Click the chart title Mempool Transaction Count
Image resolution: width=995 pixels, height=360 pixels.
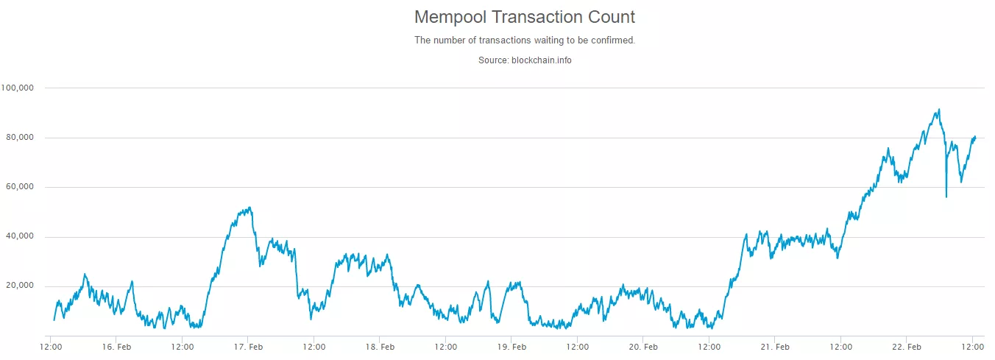(524, 17)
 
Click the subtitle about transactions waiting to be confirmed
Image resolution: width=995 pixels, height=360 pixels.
(524, 40)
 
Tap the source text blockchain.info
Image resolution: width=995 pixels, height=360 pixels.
(524, 60)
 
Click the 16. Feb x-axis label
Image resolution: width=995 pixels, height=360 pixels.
(116, 346)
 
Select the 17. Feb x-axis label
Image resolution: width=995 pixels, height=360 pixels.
(249, 346)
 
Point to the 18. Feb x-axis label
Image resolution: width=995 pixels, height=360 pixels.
(380, 346)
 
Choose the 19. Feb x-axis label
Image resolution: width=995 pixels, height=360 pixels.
(512, 346)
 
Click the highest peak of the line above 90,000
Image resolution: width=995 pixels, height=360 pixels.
(938, 110)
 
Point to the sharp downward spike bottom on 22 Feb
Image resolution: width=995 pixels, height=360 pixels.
(946, 197)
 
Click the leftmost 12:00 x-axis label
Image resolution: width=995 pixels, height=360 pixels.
(51, 346)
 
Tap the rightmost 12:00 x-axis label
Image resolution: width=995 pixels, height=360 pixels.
(973, 346)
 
